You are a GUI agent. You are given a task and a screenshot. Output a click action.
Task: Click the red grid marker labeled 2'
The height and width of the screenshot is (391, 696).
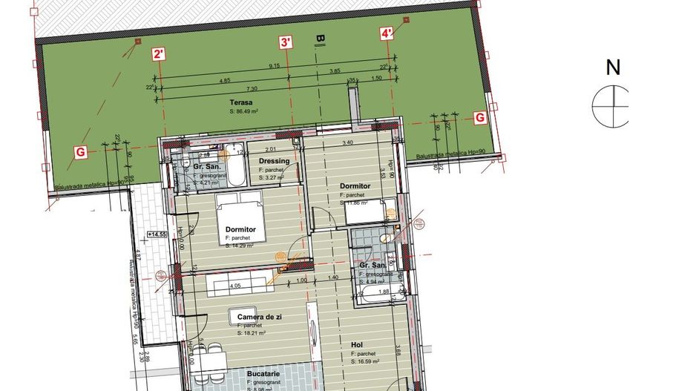pos(159,53)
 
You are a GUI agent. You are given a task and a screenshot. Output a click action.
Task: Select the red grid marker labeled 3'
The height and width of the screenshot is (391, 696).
pos(286,43)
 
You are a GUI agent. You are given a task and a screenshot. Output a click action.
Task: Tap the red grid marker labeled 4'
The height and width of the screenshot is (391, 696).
pos(387,33)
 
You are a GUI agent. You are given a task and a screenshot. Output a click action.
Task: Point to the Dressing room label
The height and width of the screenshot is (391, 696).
pos(273,162)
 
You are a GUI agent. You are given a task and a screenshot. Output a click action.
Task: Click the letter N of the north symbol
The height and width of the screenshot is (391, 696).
pos(613,68)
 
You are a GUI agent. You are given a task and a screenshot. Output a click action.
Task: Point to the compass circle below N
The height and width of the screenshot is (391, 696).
pos(610,105)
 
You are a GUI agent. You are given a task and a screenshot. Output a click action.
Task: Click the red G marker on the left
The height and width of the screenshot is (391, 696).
pos(79,152)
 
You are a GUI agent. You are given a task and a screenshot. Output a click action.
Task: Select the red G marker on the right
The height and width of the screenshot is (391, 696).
pos(479,117)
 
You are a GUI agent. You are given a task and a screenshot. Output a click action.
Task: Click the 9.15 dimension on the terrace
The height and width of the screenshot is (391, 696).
pos(274,65)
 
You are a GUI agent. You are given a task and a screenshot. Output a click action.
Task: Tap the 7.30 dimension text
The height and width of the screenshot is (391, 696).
pos(252,88)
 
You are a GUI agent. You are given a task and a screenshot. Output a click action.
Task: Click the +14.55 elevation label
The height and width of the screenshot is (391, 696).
pos(158,234)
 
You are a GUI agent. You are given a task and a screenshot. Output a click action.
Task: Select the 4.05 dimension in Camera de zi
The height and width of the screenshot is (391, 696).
pos(235,285)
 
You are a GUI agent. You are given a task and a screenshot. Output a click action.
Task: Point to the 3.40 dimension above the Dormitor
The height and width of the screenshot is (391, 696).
pos(347,142)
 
